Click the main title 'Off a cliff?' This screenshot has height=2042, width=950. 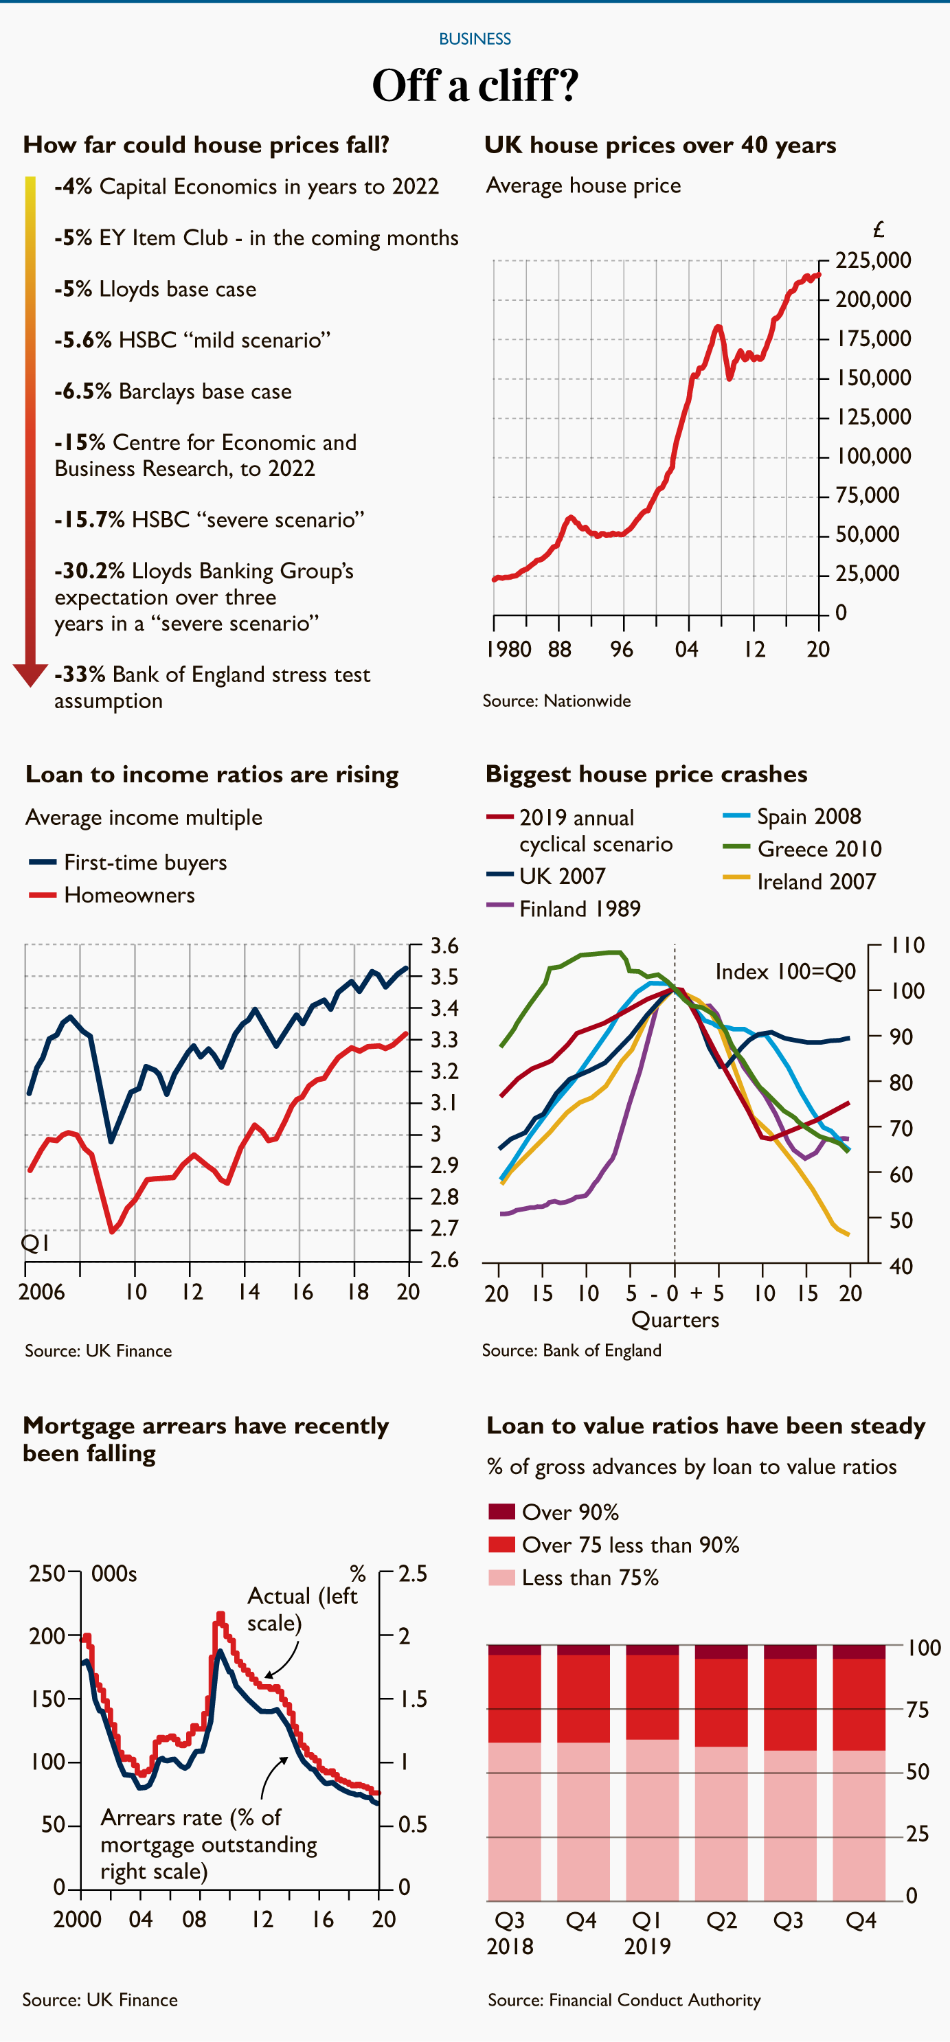coord(475,86)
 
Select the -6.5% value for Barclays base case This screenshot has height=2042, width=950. coord(82,392)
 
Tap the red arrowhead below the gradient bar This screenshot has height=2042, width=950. coord(30,674)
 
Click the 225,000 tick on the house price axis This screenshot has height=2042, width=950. coord(873,261)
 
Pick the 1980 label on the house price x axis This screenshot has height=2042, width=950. coord(508,650)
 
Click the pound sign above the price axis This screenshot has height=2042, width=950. coord(878,231)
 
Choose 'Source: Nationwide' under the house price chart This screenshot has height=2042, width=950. coord(556,701)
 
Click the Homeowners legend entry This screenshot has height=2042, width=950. coord(129,896)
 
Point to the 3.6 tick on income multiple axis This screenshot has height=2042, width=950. coord(444,946)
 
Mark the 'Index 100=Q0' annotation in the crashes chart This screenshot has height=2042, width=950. coord(785,972)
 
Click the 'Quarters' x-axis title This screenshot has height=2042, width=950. coord(675,1320)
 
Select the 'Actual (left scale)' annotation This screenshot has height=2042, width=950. coord(302,1609)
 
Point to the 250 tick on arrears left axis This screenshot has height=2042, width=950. coord(47,1574)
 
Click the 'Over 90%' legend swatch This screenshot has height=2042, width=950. coord(501,1512)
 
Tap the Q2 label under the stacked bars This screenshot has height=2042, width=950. coord(721,1920)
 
